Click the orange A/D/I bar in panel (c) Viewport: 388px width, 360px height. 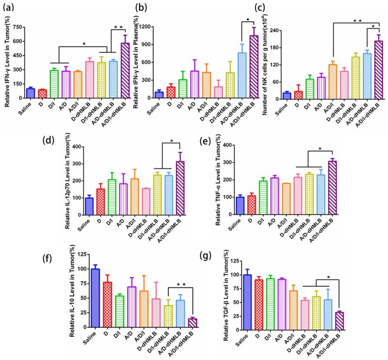[x=332, y=82]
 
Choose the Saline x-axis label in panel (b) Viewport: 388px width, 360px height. [x=159, y=107]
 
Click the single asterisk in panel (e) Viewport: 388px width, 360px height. [x=320, y=149]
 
